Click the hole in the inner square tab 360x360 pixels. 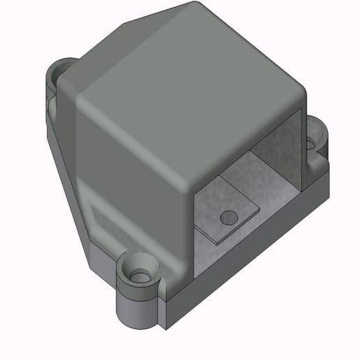tap(227, 218)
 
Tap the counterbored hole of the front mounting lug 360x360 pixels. tap(140, 276)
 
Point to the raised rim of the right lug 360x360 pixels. tap(321, 133)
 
